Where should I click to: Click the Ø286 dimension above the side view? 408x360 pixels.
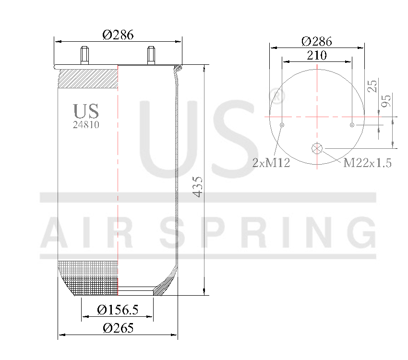118,35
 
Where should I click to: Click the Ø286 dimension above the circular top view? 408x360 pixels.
317,41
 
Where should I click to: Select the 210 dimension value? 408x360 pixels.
317,55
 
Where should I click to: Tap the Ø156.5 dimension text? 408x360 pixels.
118,310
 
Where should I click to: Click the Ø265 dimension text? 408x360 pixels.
118,328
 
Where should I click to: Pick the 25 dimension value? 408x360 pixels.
372,86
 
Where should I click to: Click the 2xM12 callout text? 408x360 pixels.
271,163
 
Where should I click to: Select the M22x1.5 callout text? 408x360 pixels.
367,163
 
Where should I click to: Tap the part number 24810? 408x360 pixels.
86,124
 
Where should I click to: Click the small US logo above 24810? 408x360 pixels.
86,111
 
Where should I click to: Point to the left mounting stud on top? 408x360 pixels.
85,55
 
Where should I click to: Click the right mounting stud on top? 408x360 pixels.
151,55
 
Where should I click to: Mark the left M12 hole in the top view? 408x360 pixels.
282,125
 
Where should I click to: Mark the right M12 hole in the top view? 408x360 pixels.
352,125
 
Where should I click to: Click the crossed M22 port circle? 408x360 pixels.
317,148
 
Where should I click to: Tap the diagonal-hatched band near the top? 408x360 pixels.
88,79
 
